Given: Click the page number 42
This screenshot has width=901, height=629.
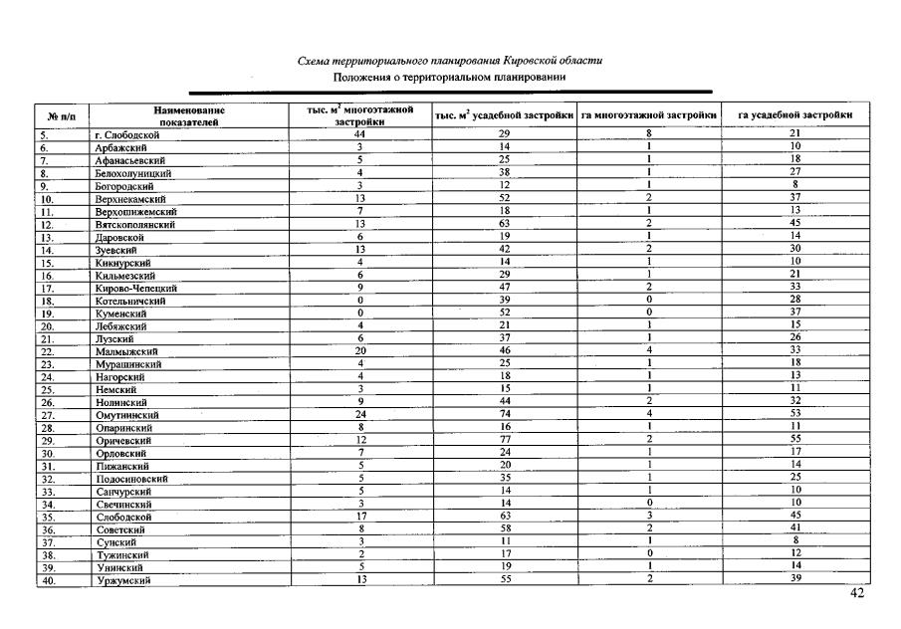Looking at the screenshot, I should click(858, 594).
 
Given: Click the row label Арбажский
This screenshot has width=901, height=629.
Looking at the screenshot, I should click(113, 147).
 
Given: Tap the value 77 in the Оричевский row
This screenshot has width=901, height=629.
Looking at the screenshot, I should click(504, 439).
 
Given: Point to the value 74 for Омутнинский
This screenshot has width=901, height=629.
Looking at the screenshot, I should click(504, 413).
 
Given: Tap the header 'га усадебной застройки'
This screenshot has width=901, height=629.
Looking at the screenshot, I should click(794, 115).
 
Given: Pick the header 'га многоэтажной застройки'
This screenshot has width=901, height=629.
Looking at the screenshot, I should click(649, 115).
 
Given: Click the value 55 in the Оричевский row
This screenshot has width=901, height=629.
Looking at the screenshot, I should click(794, 439).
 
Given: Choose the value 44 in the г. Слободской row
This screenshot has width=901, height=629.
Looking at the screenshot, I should click(359, 133).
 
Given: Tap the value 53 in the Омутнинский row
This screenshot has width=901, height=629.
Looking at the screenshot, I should click(794, 413).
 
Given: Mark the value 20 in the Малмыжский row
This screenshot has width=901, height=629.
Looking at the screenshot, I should click(359, 350).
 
